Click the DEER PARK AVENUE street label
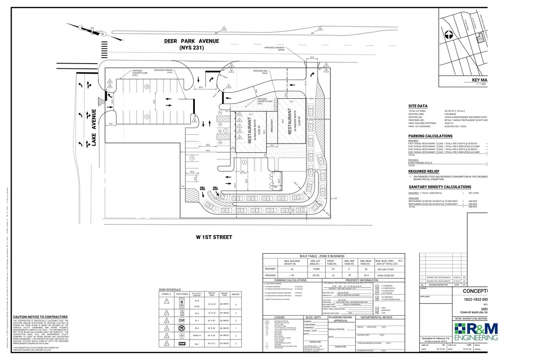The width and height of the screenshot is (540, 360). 192,41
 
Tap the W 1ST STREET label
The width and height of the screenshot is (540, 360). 214,237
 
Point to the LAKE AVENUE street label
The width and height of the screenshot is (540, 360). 94,128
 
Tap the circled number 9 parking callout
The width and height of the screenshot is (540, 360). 192,158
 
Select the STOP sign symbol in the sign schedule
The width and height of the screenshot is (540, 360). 182,321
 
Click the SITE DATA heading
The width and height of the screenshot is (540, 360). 418,106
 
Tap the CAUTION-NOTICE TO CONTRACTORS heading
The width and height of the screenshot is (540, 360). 40,317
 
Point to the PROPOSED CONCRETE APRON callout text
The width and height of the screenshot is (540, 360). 274,49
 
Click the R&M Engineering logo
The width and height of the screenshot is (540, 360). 476,332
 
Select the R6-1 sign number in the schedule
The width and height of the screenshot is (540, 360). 197,344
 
